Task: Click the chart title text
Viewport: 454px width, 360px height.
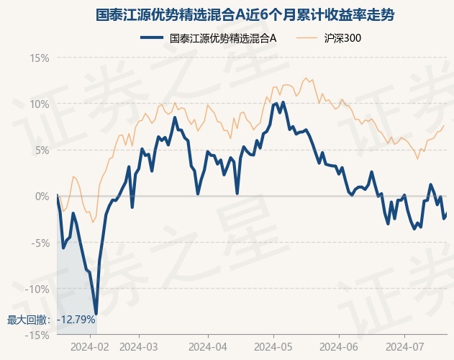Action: click(x=245, y=15)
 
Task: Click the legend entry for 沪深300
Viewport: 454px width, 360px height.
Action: click(x=329, y=38)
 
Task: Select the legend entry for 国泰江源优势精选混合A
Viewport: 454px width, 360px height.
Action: click(x=209, y=38)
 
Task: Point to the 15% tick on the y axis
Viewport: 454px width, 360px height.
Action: click(x=40, y=58)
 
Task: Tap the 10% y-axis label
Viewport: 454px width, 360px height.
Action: click(x=40, y=104)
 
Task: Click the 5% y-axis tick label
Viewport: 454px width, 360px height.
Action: click(x=42, y=150)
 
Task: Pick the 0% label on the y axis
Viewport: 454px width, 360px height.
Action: click(x=42, y=197)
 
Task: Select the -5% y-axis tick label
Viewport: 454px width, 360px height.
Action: click(x=40, y=243)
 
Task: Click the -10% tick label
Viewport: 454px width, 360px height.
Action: click(x=37, y=289)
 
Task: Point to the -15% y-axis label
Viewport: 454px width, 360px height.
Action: click(x=37, y=336)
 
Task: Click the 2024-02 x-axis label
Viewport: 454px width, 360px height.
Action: click(x=90, y=346)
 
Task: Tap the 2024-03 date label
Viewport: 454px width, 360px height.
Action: click(x=139, y=346)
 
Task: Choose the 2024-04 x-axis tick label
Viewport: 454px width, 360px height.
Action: click(x=208, y=346)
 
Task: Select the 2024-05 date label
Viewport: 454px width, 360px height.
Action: click(x=273, y=346)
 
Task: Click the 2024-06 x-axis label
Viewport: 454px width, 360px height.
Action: click(x=339, y=346)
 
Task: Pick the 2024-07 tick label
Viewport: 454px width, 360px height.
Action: click(x=404, y=346)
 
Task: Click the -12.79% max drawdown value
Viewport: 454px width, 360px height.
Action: click(x=76, y=320)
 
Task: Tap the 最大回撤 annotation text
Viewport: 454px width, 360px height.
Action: click(x=27, y=320)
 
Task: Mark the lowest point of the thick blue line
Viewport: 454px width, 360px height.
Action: click(x=96, y=314)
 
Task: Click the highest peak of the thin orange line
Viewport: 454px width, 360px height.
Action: click(x=306, y=78)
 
